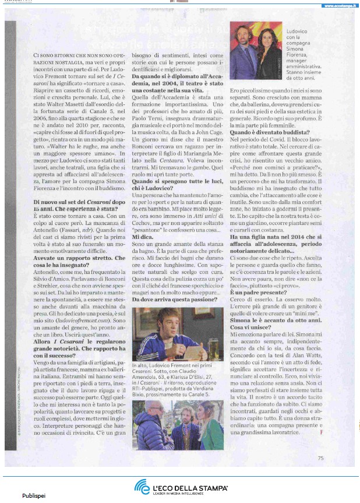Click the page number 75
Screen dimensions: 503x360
click(x=320, y=458)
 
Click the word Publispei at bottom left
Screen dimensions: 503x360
click(x=34, y=497)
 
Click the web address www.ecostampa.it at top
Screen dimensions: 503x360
click(x=337, y=6)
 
